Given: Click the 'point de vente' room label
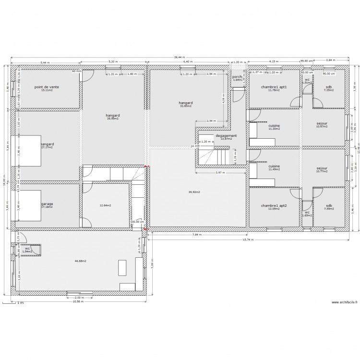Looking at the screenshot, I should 47,87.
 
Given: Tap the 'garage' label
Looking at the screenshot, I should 47,204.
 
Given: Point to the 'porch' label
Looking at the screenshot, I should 237,77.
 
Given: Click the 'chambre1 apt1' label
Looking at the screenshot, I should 274,87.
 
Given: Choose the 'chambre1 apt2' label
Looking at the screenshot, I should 274,205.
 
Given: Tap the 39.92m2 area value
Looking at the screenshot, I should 194,192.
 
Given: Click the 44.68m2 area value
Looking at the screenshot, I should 80,261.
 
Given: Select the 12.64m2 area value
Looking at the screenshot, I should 105,205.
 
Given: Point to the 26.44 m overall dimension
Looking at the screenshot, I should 180,58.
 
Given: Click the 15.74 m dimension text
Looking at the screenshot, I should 248,240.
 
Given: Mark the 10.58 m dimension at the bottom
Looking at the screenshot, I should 78,302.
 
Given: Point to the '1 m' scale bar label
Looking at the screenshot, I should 20,303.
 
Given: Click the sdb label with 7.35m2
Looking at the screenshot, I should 328,87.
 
